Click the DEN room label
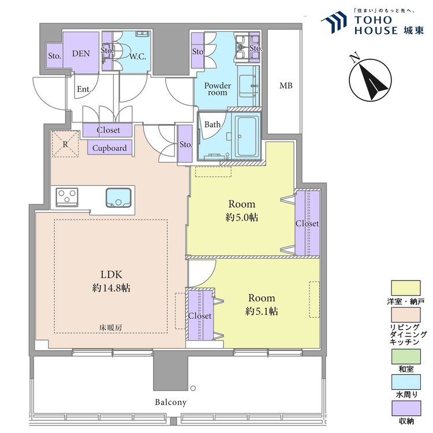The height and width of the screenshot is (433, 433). [x=81, y=53]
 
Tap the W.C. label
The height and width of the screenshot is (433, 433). [x=137, y=57]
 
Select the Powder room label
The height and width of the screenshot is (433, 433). [x=217, y=89]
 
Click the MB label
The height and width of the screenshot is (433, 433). [x=286, y=85]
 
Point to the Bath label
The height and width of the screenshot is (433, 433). [x=212, y=124]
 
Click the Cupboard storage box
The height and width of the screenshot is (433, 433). [x=110, y=147]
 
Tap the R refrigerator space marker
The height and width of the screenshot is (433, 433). [x=65, y=144]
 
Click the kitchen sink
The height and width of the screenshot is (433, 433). [x=118, y=197]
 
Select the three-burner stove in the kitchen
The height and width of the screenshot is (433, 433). [x=67, y=197]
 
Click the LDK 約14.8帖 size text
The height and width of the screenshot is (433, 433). [x=111, y=281]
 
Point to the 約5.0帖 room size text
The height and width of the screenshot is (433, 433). [x=242, y=218]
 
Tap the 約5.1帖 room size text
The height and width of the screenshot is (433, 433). [x=262, y=312]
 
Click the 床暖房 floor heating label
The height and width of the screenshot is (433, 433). [x=110, y=328]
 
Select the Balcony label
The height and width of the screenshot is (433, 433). [x=170, y=402]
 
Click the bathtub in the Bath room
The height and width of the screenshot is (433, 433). [x=247, y=136]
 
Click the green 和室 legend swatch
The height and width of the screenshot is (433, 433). [x=406, y=356]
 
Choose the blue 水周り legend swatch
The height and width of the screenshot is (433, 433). [x=406, y=382]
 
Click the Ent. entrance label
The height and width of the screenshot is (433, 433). [x=84, y=89]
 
